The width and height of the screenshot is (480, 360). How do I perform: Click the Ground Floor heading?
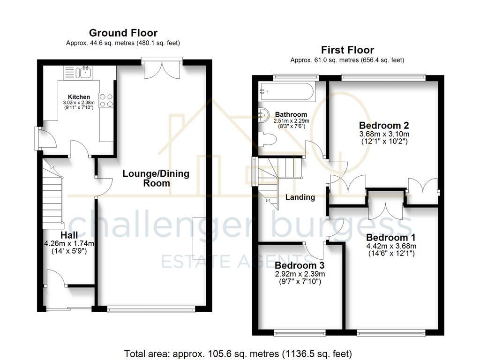123,33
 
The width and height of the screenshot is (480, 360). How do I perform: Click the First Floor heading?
347,50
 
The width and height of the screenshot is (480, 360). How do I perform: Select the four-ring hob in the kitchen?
106,100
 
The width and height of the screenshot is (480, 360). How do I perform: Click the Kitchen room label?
79,97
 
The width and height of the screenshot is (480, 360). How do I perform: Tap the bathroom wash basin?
264,113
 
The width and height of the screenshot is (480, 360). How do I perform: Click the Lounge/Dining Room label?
156,178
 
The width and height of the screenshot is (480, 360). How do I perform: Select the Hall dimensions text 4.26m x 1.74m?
69,243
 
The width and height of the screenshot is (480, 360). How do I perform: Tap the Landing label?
300,197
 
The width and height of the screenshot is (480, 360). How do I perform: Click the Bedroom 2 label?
384,126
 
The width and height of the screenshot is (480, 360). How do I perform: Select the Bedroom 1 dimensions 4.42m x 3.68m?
391,246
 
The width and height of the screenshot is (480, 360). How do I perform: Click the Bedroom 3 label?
300,265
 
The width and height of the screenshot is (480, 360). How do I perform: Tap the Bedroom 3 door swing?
316,250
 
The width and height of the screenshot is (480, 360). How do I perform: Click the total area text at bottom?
238,353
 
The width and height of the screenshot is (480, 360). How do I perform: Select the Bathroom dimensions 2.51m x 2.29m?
291,120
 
